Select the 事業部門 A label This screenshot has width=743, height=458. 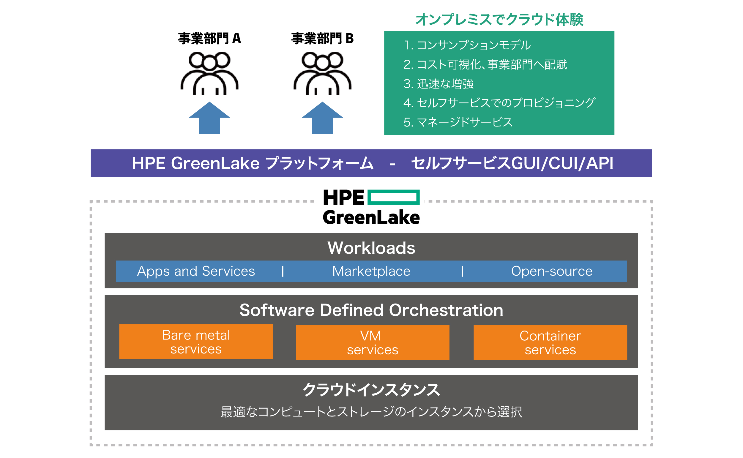click(x=209, y=39)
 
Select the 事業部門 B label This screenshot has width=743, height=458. click(x=322, y=39)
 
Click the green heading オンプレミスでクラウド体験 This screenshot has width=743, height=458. click(x=499, y=20)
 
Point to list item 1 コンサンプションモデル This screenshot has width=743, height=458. click(x=467, y=45)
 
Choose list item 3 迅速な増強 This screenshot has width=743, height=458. click(x=438, y=83)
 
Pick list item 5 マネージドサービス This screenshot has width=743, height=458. click(x=458, y=122)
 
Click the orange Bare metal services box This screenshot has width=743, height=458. click(x=196, y=342)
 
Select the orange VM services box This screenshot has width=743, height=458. click(x=373, y=342)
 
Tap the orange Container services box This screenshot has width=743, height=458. click(x=550, y=342)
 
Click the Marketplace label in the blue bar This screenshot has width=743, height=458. click(x=371, y=271)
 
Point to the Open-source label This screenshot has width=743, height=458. click(x=552, y=271)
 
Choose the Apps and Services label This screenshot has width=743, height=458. click(x=196, y=271)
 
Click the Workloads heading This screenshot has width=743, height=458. click(x=371, y=248)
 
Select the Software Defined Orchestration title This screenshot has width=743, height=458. click(x=371, y=310)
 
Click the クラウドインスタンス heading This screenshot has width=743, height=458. click(x=371, y=390)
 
